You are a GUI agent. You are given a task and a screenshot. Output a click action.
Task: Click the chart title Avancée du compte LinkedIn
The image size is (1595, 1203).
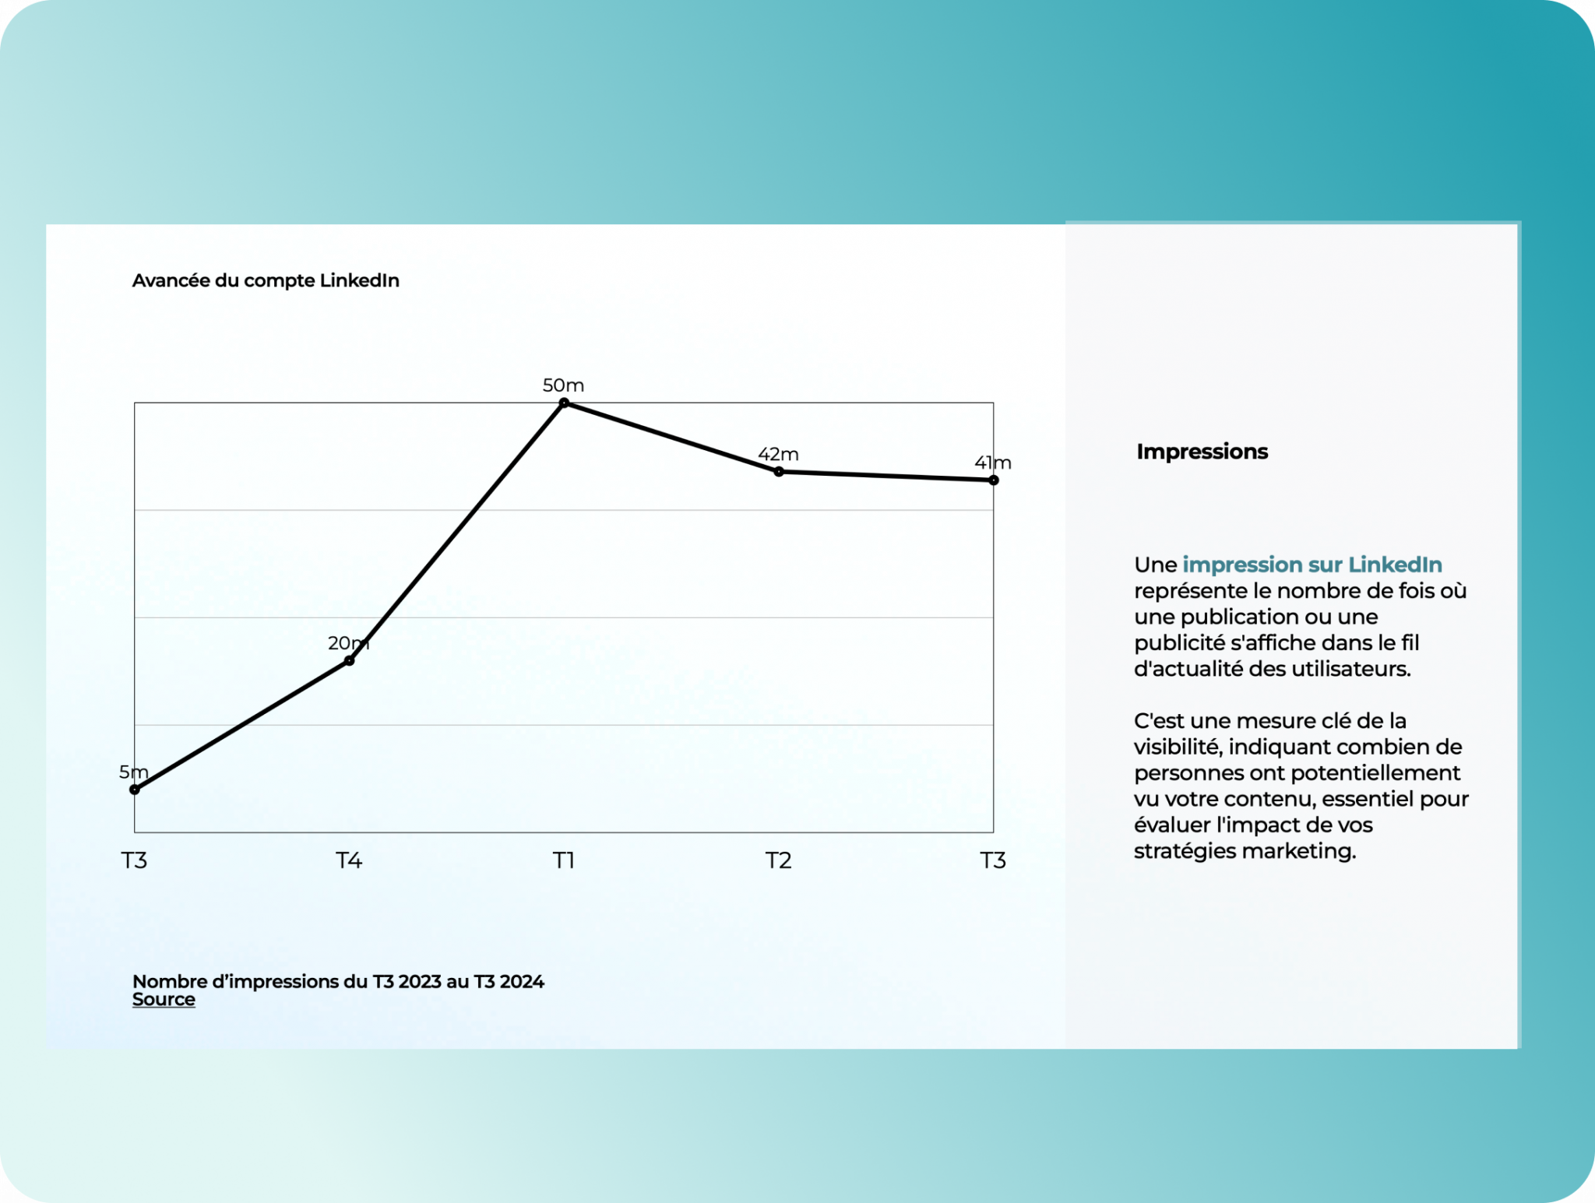tap(266, 280)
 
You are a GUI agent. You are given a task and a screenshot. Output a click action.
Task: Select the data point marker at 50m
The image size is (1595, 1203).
tap(565, 403)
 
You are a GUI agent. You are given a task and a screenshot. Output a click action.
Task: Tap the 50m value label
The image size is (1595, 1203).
tap(563, 385)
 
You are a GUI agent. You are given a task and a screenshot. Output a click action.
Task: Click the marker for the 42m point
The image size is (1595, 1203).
tap(779, 471)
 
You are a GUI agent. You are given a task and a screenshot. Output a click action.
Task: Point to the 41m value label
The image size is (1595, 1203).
tap(993, 463)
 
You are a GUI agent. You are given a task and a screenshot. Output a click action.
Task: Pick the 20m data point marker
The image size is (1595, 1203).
tap(350, 660)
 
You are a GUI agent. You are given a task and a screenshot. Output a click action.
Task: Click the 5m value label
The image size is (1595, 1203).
tap(133, 772)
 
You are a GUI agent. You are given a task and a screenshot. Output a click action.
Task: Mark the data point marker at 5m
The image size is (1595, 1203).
tap(135, 790)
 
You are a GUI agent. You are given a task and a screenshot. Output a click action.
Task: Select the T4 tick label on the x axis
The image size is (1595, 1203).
tap(349, 860)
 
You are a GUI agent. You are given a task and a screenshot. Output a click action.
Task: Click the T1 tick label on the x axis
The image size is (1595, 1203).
tap(564, 860)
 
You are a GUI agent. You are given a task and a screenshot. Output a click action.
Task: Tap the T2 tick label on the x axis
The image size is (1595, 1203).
tap(778, 860)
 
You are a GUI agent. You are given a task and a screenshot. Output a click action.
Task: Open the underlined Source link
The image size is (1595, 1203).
tap(164, 999)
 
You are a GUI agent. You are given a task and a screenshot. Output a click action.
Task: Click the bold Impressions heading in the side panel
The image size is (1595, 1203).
tap(1202, 452)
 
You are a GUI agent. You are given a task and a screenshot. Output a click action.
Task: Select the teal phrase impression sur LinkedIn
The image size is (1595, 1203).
tap(1312, 565)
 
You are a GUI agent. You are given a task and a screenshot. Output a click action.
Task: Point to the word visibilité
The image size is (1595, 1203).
tap(1177, 747)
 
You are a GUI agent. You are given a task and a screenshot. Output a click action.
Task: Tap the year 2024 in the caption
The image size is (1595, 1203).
tap(522, 981)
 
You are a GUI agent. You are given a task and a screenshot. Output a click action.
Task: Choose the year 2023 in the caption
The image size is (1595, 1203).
tap(420, 981)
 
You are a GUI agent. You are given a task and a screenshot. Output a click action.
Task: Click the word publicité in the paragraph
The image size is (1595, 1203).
tap(1174, 643)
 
